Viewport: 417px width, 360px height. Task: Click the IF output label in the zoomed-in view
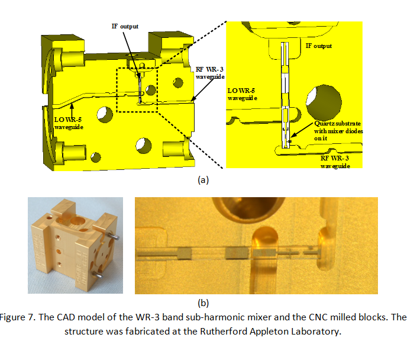[x=319, y=46]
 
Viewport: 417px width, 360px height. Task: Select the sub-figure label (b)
[x=203, y=303]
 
